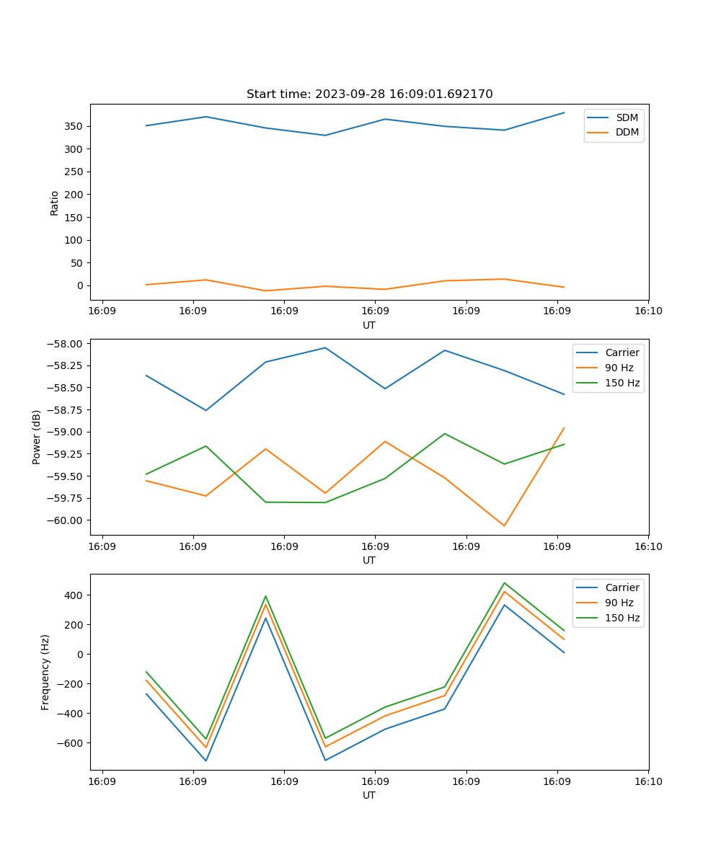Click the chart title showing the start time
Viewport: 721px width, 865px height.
[369, 94]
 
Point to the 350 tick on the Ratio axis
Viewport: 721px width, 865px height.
[75, 126]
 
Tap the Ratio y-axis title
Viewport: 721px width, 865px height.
[55, 203]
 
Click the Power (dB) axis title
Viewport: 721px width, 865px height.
[37, 437]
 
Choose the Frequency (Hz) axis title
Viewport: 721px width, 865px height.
[45, 672]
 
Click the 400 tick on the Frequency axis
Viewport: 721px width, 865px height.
[75, 595]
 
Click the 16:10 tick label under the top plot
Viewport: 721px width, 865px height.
[648, 311]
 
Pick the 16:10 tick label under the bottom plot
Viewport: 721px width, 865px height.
[648, 781]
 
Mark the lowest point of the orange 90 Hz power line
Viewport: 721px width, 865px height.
[504, 525]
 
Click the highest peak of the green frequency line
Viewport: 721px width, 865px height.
[504, 583]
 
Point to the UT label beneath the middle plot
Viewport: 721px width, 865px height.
[369, 560]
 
